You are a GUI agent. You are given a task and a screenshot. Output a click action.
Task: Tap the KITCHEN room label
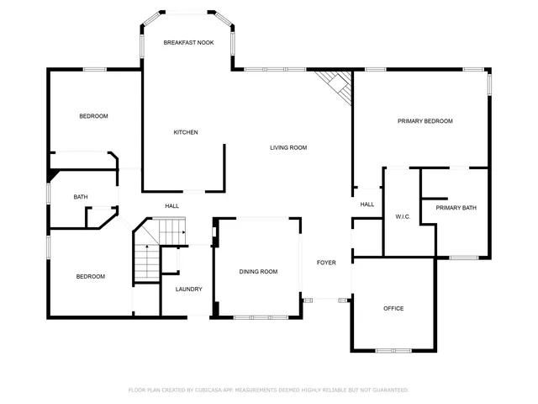point(186,132)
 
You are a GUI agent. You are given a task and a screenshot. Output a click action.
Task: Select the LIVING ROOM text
point(288,147)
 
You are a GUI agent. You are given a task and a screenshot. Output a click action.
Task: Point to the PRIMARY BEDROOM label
point(425,121)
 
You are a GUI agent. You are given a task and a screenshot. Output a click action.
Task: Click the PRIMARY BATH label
point(456,208)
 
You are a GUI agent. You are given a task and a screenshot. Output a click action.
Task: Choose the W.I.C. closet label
point(402,217)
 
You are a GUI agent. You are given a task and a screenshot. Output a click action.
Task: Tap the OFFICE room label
point(393,308)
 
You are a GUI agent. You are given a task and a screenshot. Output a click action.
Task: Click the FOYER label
point(326,263)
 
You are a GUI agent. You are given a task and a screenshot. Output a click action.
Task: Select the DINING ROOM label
point(258,272)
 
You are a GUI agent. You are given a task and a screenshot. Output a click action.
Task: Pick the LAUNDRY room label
point(188,290)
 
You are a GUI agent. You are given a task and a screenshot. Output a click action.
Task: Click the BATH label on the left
point(81,197)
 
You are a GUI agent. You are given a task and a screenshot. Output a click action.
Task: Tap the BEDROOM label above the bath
point(93,116)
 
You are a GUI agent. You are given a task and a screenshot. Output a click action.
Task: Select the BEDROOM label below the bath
point(91,277)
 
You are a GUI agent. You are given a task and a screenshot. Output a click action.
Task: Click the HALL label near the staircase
point(171,205)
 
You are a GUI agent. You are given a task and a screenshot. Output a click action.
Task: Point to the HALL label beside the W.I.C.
point(367,205)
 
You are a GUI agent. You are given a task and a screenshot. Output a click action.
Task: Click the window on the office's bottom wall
point(393,350)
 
